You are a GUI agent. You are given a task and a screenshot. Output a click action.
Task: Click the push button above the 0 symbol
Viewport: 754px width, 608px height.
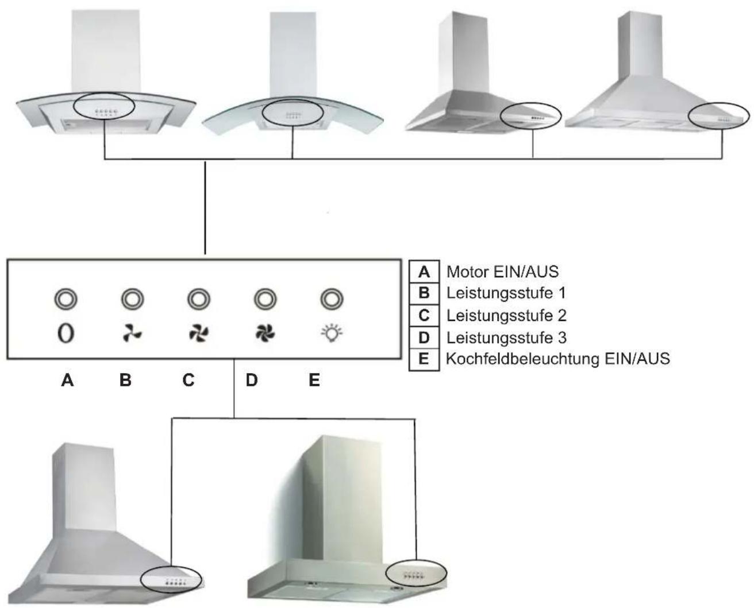tap(66, 299)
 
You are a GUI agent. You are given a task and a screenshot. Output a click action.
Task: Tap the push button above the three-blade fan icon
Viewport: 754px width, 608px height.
tap(132, 299)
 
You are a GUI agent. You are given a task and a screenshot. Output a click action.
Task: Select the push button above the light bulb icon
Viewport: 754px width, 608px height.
tap(332, 299)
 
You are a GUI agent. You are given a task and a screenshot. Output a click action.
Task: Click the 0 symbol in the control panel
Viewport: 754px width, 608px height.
tap(66, 334)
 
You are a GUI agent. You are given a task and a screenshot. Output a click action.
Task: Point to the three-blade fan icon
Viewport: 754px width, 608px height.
tap(132, 334)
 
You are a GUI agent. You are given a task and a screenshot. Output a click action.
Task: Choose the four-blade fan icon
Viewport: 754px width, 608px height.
tap(199, 334)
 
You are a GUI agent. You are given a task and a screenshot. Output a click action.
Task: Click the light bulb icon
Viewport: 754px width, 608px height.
tap(332, 333)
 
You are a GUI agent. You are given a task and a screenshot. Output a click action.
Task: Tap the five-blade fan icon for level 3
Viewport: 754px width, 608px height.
tap(265, 334)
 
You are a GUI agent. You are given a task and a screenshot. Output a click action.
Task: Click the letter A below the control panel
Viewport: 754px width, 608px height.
tap(67, 380)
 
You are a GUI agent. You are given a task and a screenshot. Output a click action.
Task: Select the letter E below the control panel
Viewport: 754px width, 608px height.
tap(314, 380)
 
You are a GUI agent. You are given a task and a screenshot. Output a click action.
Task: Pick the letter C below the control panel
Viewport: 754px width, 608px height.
tap(188, 380)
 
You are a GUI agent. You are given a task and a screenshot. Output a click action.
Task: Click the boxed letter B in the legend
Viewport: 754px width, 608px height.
tap(424, 293)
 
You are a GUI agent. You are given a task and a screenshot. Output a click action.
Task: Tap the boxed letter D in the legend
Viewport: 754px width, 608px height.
tap(424, 338)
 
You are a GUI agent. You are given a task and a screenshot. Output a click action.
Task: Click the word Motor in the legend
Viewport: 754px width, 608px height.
tap(467, 272)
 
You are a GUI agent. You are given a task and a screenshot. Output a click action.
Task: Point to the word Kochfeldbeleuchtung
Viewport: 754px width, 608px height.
tap(523, 359)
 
